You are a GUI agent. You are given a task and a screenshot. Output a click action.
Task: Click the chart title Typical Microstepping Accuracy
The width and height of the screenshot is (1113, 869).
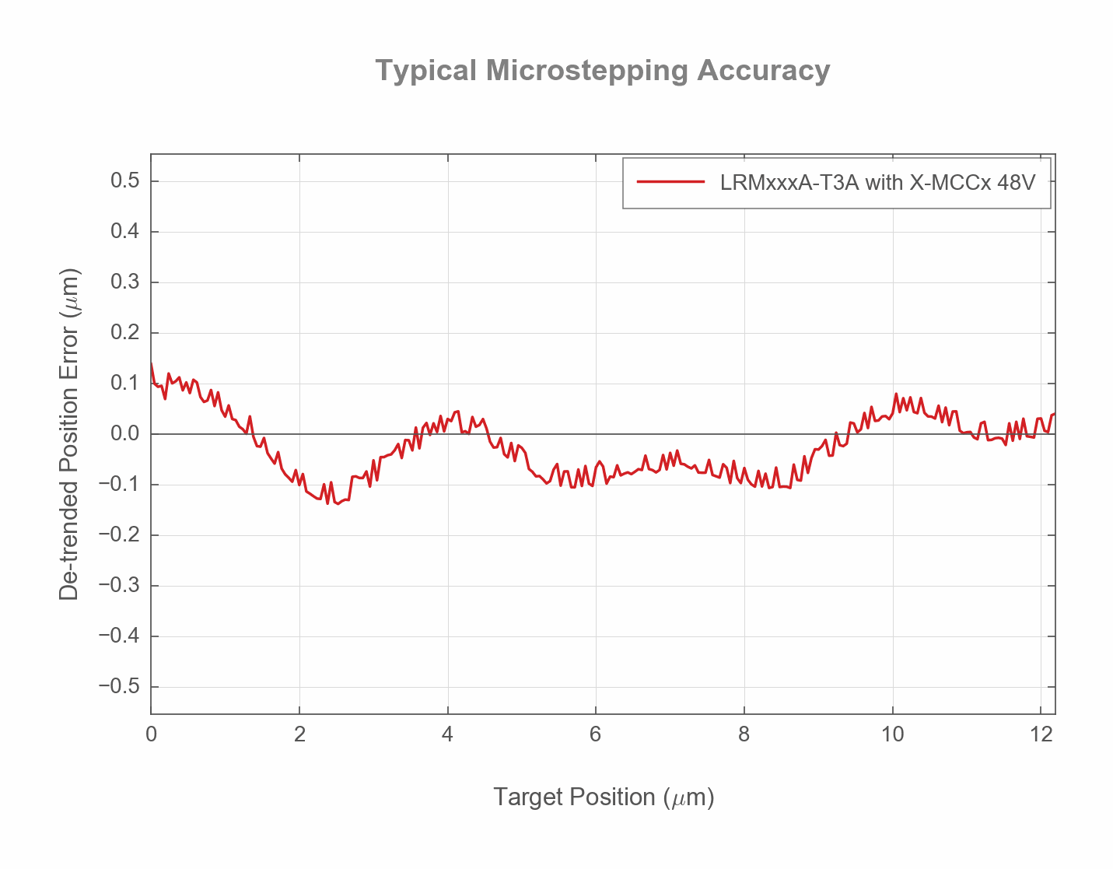point(603,71)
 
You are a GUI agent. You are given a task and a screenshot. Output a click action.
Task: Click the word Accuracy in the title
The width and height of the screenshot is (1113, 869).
point(763,71)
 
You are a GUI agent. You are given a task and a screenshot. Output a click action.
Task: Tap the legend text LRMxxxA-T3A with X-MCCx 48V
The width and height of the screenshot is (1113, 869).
point(878,183)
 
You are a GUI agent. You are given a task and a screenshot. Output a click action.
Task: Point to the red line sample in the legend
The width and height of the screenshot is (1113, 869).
point(670,183)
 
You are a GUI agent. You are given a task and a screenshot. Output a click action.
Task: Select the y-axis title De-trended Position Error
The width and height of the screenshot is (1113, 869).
point(69,434)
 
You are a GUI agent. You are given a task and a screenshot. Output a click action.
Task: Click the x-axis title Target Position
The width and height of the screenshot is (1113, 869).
point(603,797)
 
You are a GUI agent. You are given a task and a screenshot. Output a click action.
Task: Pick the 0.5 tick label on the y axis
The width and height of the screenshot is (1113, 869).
point(124,181)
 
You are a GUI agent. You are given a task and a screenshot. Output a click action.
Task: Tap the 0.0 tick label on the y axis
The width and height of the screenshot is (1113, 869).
point(124,434)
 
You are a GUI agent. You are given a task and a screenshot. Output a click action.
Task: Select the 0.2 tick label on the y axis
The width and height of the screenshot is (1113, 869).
point(124,333)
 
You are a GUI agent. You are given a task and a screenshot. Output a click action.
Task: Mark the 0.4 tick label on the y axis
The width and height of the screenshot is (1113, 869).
point(124,232)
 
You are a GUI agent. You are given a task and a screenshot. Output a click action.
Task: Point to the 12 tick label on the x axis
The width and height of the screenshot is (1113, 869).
point(1041,734)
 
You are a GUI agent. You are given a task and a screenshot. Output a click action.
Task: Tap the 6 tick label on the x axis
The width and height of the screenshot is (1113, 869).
point(596,734)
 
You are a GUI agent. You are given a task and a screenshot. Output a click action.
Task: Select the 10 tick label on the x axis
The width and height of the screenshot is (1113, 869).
point(892,734)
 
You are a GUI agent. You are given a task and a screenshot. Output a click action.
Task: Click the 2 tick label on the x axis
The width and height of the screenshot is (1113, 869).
point(299,734)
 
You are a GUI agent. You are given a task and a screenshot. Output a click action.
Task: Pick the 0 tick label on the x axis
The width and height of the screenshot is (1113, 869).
point(151,734)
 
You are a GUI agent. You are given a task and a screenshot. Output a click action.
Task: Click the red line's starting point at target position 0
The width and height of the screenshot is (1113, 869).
point(151,363)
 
